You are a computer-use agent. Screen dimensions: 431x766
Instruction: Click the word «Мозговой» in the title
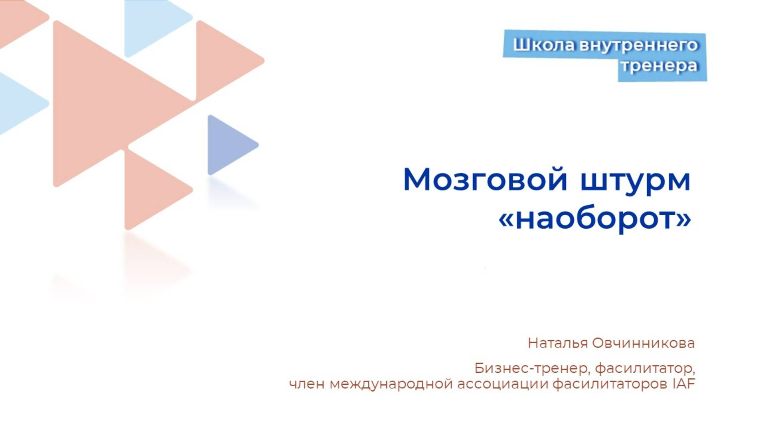click(x=485, y=180)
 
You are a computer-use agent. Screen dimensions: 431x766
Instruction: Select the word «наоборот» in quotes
click(x=594, y=219)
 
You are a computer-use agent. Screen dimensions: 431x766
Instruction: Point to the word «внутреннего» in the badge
click(x=638, y=45)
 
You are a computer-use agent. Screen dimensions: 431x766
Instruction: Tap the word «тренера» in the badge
click(x=659, y=66)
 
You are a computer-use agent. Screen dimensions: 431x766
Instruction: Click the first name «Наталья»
click(x=557, y=343)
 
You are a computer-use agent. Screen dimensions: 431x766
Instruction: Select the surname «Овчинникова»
click(x=643, y=343)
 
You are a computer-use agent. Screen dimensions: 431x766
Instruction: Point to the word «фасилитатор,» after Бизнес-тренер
click(x=645, y=368)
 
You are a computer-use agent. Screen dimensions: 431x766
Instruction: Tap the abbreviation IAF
click(x=684, y=384)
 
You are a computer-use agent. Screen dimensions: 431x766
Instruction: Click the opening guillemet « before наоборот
click(x=506, y=219)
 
